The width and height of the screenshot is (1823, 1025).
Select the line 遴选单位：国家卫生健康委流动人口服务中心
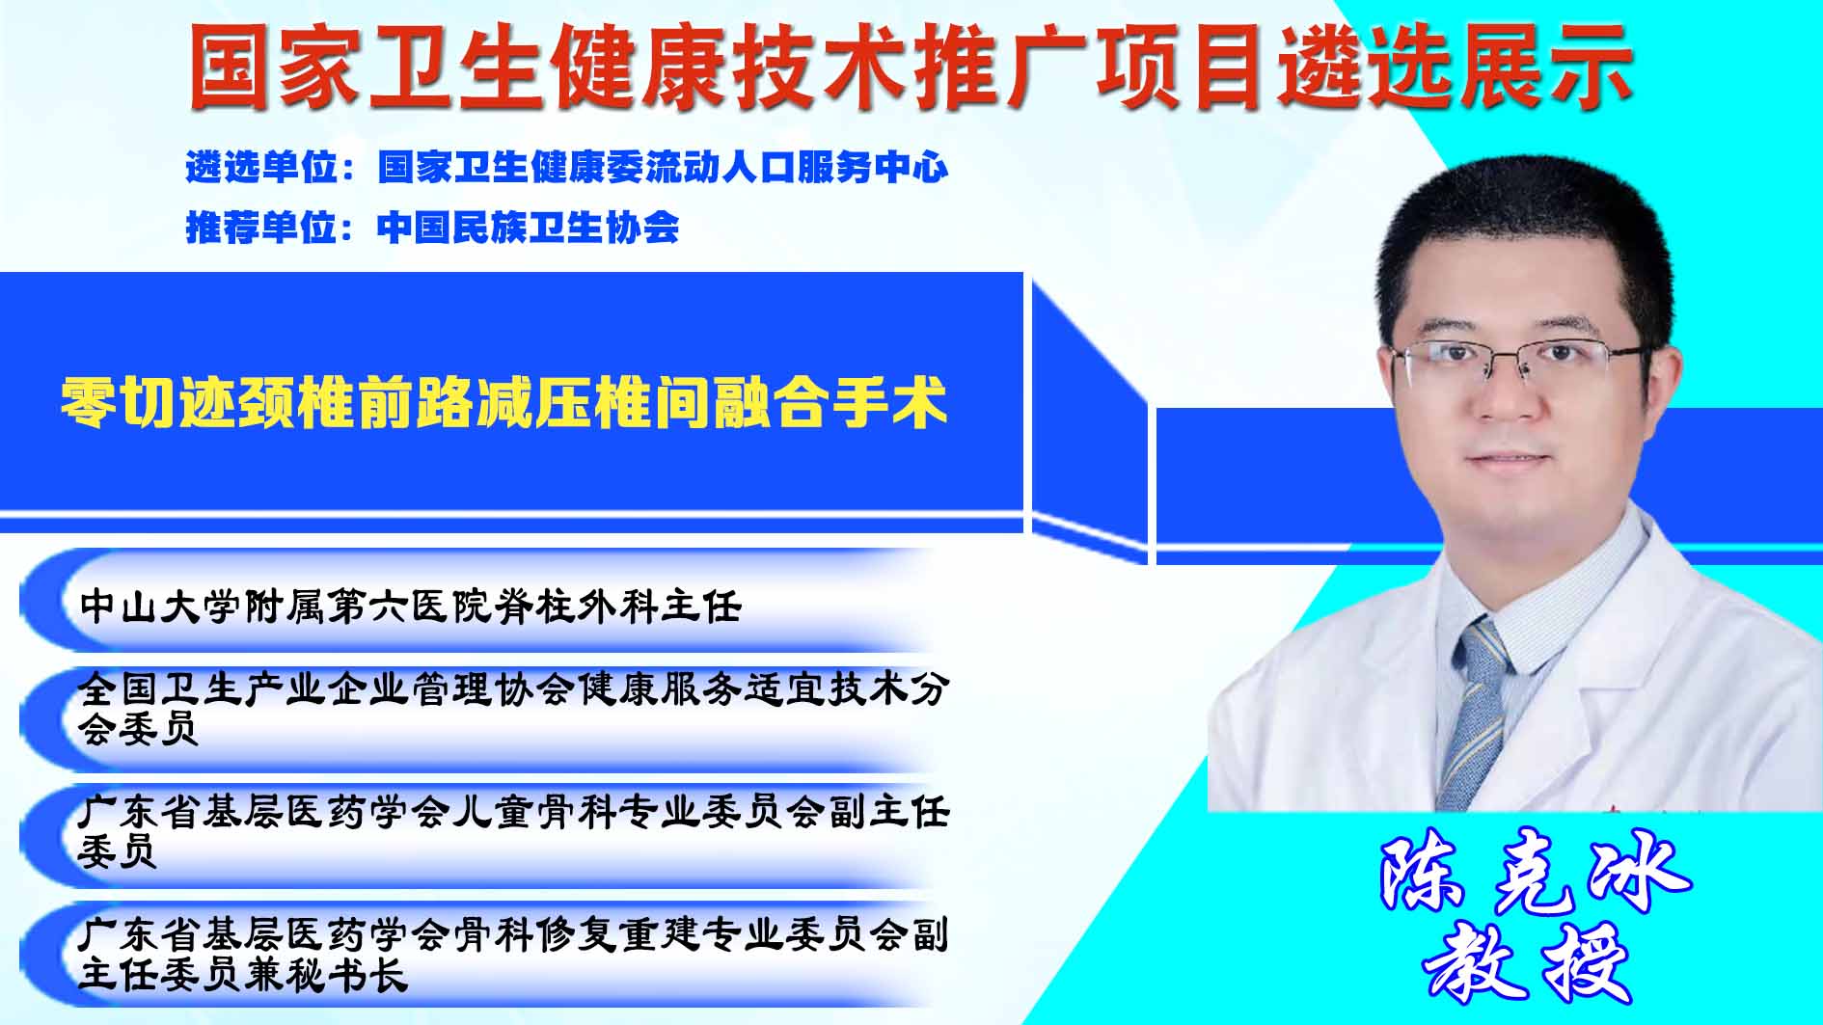pos(567,168)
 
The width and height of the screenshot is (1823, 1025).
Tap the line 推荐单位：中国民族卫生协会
pos(432,228)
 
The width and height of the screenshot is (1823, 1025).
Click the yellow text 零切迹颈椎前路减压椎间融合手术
pos(503,402)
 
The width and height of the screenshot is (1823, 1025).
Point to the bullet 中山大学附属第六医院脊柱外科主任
pos(411,607)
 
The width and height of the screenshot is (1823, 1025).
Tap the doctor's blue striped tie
pos(1475,710)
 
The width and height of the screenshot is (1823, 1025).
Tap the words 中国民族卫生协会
pos(529,228)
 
